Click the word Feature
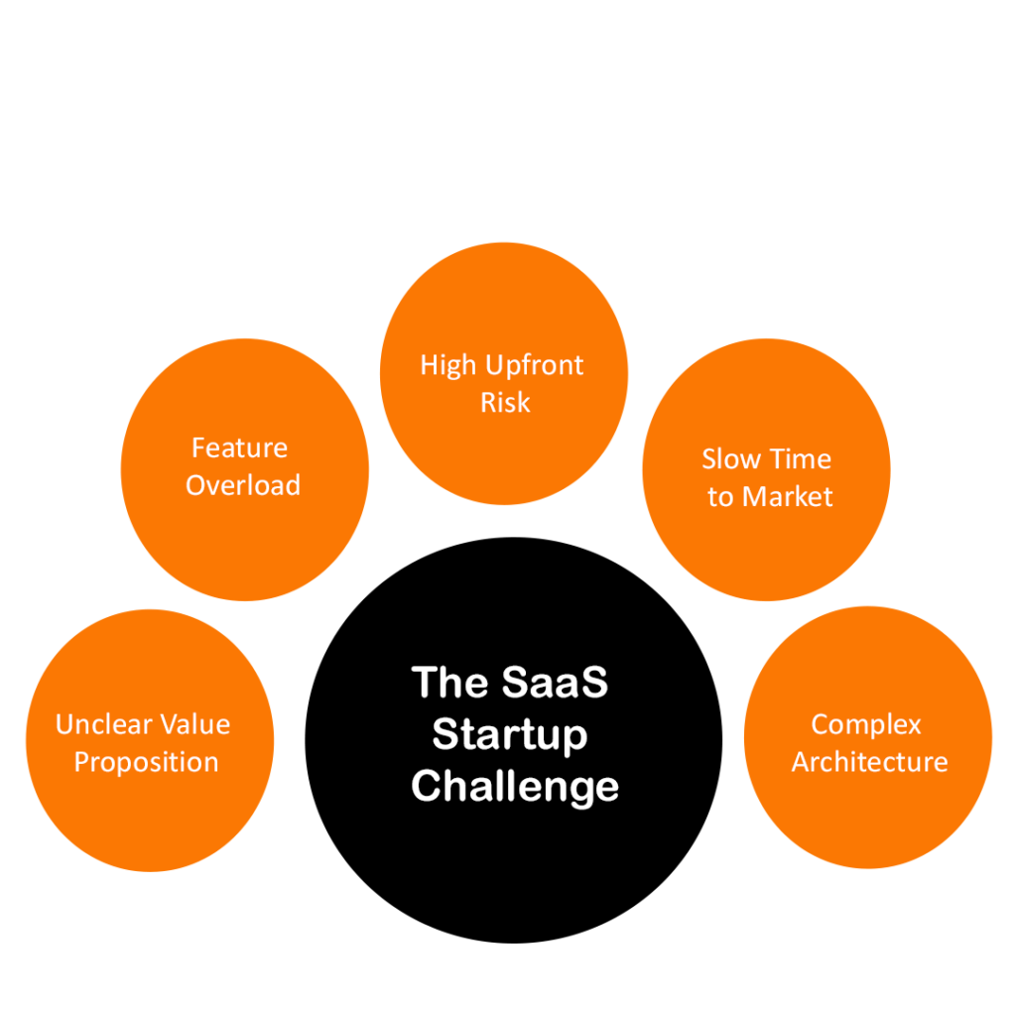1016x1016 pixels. click(239, 447)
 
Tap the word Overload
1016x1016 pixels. click(243, 485)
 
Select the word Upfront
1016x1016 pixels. click(535, 365)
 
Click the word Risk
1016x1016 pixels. click(505, 403)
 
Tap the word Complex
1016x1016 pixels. click(866, 725)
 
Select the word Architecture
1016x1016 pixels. click(869, 762)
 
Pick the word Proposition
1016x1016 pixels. click(147, 762)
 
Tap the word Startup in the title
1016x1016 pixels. click(510, 735)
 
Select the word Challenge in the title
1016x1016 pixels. click(515, 787)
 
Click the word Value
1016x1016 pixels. click(190, 725)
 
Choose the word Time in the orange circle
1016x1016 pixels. click(803, 459)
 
